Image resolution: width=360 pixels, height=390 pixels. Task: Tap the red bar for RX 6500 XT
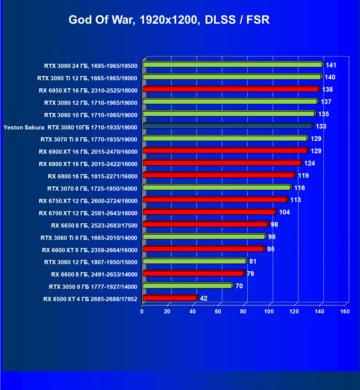[x=170, y=298]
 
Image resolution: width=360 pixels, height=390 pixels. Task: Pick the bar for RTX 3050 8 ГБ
[x=187, y=286]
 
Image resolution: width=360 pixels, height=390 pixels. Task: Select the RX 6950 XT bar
[x=231, y=89]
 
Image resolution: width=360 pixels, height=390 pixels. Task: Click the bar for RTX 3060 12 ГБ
[x=194, y=261]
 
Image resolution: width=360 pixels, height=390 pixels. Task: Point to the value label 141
[x=331, y=65]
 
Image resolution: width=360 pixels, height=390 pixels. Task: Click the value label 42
[x=204, y=298]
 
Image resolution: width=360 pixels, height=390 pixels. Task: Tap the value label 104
[x=284, y=212]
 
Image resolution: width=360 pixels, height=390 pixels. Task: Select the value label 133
[x=321, y=126]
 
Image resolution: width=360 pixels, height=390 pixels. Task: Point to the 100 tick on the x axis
[x=269, y=311]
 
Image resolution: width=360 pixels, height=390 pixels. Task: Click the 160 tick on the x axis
[x=345, y=311]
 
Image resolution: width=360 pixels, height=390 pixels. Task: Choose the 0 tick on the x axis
[x=142, y=311]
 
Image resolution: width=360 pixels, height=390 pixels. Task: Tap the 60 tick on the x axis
[x=218, y=311]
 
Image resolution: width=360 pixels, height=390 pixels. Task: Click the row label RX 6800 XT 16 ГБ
[x=88, y=164]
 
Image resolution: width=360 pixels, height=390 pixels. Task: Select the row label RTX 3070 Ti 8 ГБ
[x=89, y=140]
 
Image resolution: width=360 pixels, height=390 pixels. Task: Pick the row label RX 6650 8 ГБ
[x=94, y=226]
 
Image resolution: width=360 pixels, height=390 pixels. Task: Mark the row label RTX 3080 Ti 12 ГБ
[x=87, y=78]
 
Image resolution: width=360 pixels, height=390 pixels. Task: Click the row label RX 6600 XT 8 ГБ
[x=90, y=250]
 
